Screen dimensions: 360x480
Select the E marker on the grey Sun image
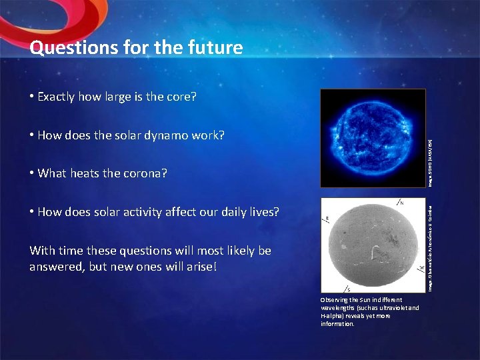click(327, 219)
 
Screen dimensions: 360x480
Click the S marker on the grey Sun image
click(349, 290)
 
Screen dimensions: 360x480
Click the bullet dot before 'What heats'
click(32, 174)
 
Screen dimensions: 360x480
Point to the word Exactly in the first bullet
click(56, 97)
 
